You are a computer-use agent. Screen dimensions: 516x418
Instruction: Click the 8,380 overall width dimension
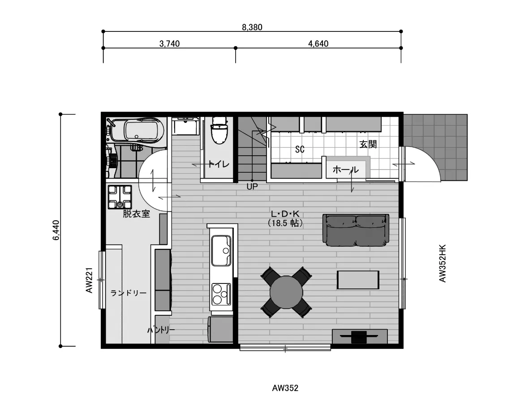[x=252, y=27]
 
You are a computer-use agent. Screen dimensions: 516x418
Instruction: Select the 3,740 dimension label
[x=169, y=44]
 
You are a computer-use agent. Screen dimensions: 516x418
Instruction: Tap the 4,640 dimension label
[x=318, y=44]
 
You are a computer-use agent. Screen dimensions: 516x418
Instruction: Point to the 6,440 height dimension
[x=56, y=230]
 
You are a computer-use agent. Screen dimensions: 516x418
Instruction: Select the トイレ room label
[x=219, y=164]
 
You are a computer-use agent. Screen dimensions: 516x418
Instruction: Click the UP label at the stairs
[x=252, y=187]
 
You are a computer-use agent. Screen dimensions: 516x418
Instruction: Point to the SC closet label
[x=300, y=149]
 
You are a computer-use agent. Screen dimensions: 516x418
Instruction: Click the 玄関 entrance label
[x=368, y=144]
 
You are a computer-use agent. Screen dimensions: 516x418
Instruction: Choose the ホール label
[x=345, y=170]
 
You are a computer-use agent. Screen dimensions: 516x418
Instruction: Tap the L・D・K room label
[x=285, y=214]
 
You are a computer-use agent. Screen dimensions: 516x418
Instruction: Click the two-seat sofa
[x=356, y=230]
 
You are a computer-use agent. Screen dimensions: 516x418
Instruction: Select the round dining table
[x=286, y=292]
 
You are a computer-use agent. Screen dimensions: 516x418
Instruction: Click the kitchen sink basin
[x=221, y=250]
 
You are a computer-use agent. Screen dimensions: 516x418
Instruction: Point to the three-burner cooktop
[x=221, y=294]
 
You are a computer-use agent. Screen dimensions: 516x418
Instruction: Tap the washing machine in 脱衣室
[x=120, y=197]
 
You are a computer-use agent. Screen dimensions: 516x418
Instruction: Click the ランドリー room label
[x=129, y=293]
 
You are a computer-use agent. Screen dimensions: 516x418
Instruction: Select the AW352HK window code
[x=443, y=263]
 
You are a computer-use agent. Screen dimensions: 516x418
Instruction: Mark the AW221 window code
[x=89, y=280]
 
